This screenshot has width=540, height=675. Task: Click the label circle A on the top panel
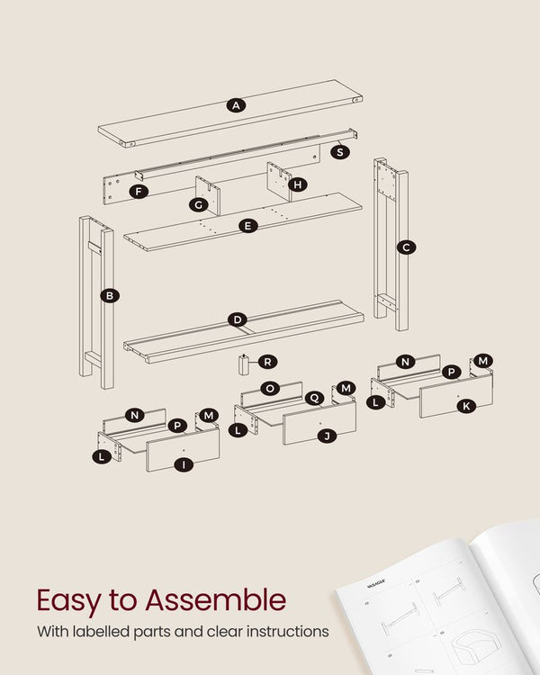pyautogui.click(x=236, y=105)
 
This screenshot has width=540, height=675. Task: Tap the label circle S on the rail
pyautogui.click(x=339, y=151)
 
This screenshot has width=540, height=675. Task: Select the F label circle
pyautogui.click(x=138, y=191)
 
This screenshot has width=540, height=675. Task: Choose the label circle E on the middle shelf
pyautogui.click(x=248, y=226)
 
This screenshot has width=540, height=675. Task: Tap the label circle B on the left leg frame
pyautogui.click(x=109, y=295)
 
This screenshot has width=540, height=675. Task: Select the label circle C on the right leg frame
pyautogui.click(x=406, y=247)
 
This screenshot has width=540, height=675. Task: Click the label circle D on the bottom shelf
pyautogui.click(x=237, y=319)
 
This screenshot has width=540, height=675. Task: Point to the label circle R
pyautogui.click(x=267, y=362)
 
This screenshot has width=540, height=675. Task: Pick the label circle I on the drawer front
pyautogui.click(x=183, y=464)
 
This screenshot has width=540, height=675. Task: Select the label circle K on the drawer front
pyautogui.click(x=465, y=407)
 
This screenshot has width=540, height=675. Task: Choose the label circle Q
pyautogui.click(x=314, y=398)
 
